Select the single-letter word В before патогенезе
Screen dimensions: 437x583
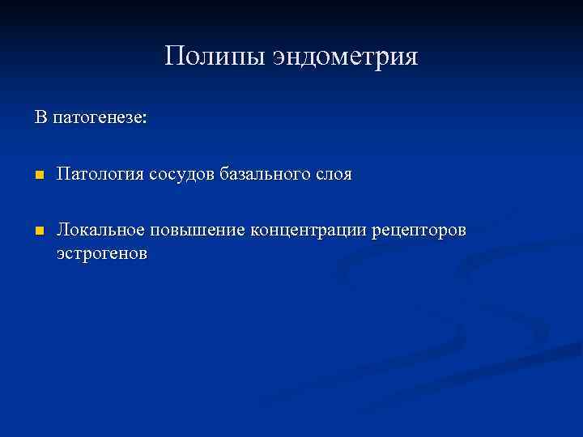coord(40,117)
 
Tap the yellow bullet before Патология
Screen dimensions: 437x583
coord(38,176)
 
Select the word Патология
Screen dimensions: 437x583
coord(100,175)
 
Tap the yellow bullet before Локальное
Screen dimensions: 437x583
coord(38,232)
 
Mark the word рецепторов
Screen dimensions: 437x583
coord(419,232)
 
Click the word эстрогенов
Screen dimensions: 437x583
coord(102,253)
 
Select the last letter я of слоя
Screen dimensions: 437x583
coord(347,176)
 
